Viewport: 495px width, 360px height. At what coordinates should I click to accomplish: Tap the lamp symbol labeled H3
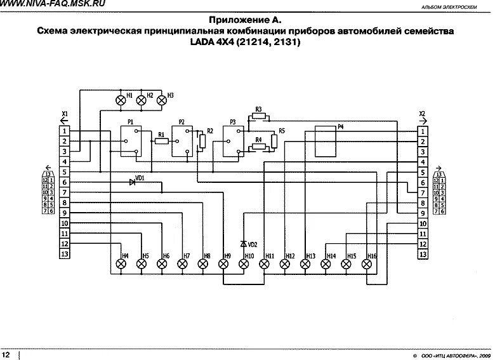(161, 100)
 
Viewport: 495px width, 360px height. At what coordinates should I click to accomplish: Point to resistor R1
(162, 141)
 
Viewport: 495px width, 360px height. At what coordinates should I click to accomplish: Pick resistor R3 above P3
(259, 117)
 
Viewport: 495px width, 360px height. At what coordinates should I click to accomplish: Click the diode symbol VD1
(133, 182)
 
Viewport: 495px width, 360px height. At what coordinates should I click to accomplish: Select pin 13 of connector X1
(64, 254)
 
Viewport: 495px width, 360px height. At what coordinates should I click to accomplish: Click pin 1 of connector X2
(422, 131)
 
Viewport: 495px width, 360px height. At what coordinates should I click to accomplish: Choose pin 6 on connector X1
(64, 182)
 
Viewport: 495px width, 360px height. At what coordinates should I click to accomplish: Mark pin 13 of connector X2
(422, 255)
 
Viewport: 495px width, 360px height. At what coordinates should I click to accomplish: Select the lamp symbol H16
(367, 264)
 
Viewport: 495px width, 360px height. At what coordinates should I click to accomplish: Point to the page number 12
(6, 353)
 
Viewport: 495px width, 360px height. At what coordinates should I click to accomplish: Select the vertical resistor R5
(274, 140)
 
